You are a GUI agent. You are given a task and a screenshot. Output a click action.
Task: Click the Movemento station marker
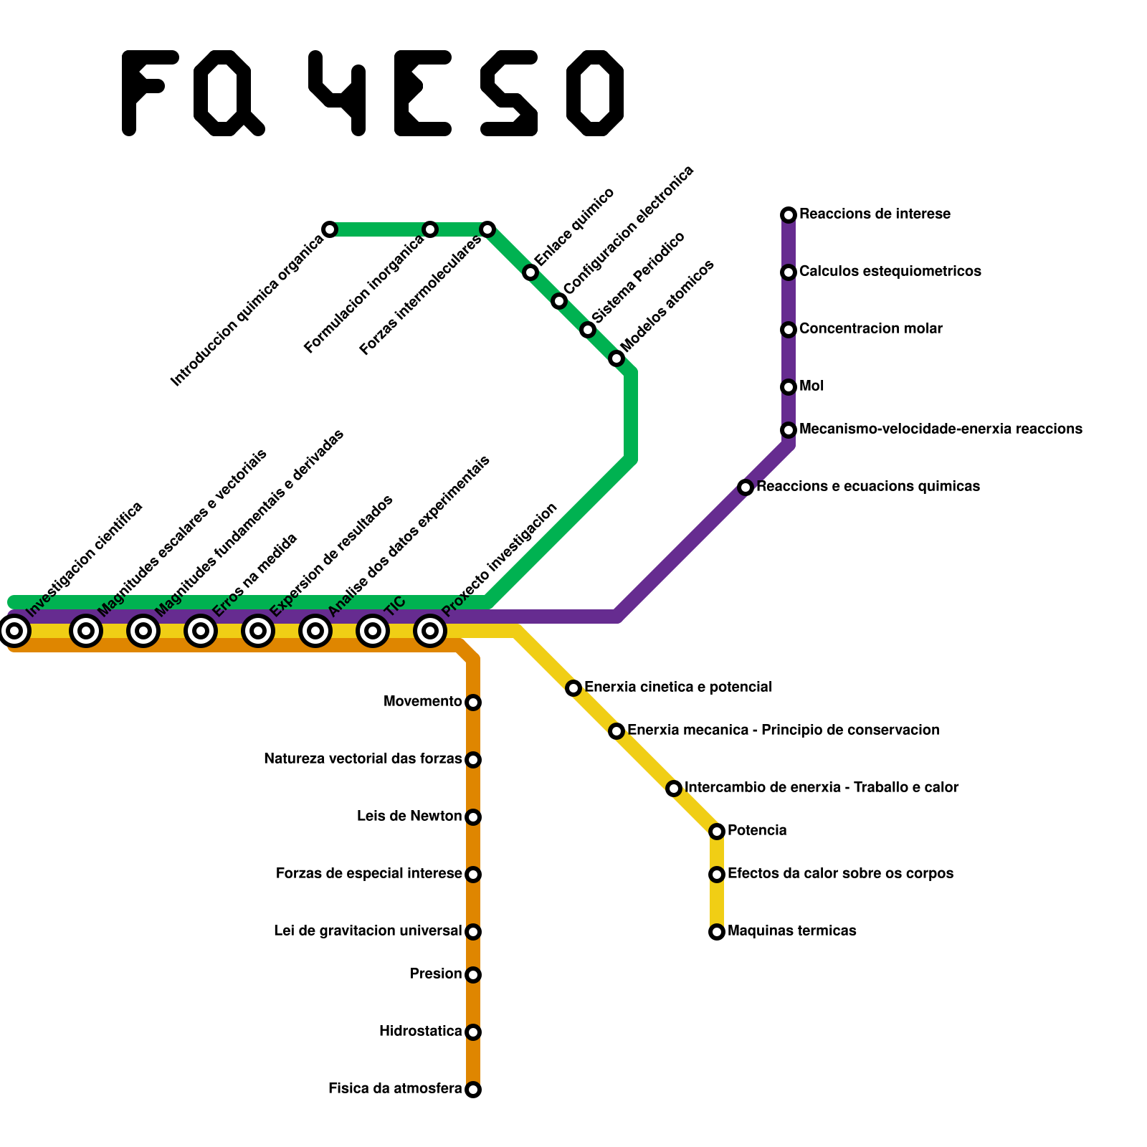click(473, 703)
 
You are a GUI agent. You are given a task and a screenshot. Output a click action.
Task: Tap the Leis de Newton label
click(409, 817)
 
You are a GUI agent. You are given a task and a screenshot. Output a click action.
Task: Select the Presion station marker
click(473, 975)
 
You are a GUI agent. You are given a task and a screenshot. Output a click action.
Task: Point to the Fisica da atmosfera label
click(395, 1089)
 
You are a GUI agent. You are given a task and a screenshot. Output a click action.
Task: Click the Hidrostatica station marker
click(473, 1032)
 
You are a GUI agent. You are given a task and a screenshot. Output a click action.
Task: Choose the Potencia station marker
click(717, 832)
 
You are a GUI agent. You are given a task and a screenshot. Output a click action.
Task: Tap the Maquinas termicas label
click(791, 931)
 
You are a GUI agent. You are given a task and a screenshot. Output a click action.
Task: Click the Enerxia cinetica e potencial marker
click(573, 688)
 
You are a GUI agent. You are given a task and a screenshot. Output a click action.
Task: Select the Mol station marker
click(789, 387)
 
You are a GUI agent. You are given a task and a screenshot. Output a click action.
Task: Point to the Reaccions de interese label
click(875, 214)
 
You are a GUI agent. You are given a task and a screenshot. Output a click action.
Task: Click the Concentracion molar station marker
click(789, 330)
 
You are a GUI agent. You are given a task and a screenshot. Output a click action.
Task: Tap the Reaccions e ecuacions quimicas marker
click(746, 487)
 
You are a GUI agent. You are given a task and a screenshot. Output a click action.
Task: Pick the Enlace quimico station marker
click(530, 272)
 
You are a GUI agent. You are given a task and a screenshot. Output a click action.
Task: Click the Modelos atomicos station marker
click(617, 358)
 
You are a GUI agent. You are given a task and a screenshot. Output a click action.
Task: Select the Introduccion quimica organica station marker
click(330, 229)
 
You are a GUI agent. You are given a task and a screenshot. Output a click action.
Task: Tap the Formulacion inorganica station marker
click(430, 229)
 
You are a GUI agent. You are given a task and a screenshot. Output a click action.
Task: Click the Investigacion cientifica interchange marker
click(14, 631)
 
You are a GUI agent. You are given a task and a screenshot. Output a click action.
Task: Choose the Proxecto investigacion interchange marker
click(430, 631)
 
